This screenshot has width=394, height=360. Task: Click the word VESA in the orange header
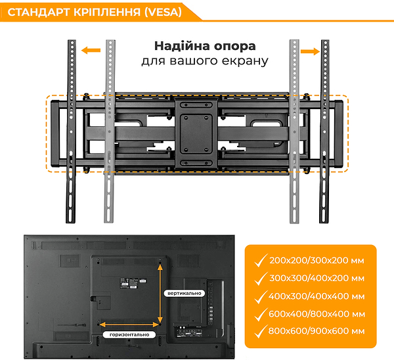point(163,12)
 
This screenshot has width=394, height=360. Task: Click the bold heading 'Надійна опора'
point(205,46)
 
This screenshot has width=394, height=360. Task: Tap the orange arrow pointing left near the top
point(91,51)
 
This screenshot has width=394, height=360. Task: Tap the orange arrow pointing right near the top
point(310,52)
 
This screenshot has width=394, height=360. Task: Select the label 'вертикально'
point(184,293)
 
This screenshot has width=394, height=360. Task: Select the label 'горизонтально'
point(129,334)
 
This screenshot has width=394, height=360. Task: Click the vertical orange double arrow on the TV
point(160,294)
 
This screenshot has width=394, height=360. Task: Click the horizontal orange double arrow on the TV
point(129,325)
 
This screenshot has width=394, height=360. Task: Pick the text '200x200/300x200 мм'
point(317,260)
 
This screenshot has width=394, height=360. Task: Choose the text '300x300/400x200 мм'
point(317,279)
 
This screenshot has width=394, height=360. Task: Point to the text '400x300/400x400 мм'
point(317,296)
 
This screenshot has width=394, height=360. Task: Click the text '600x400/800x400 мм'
point(317,314)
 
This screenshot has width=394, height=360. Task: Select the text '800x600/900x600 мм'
point(317,331)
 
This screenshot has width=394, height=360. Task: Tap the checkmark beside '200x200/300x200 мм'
point(261,260)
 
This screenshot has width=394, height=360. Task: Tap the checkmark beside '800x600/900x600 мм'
point(261,331)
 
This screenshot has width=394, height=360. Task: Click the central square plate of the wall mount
point(196,133)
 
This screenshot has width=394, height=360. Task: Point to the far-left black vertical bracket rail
point(71,131)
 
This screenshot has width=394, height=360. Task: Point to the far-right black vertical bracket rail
point(324,131)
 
